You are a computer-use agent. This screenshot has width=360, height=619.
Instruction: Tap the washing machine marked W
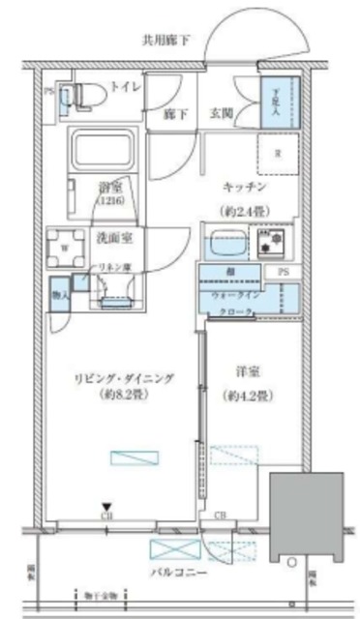click(65, 247)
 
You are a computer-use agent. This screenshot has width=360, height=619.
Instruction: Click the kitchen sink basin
click(225, 242)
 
